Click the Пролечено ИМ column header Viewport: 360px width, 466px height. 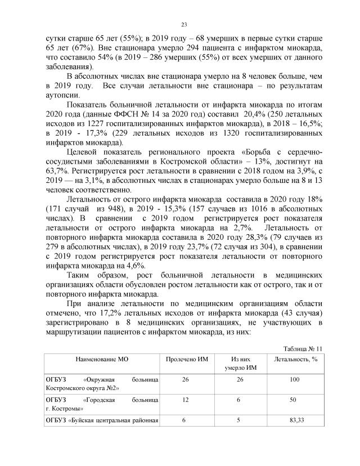185,359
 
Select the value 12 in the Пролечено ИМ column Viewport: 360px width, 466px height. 185,400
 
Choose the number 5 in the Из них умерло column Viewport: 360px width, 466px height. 240,420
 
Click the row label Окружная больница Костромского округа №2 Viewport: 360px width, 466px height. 101,385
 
